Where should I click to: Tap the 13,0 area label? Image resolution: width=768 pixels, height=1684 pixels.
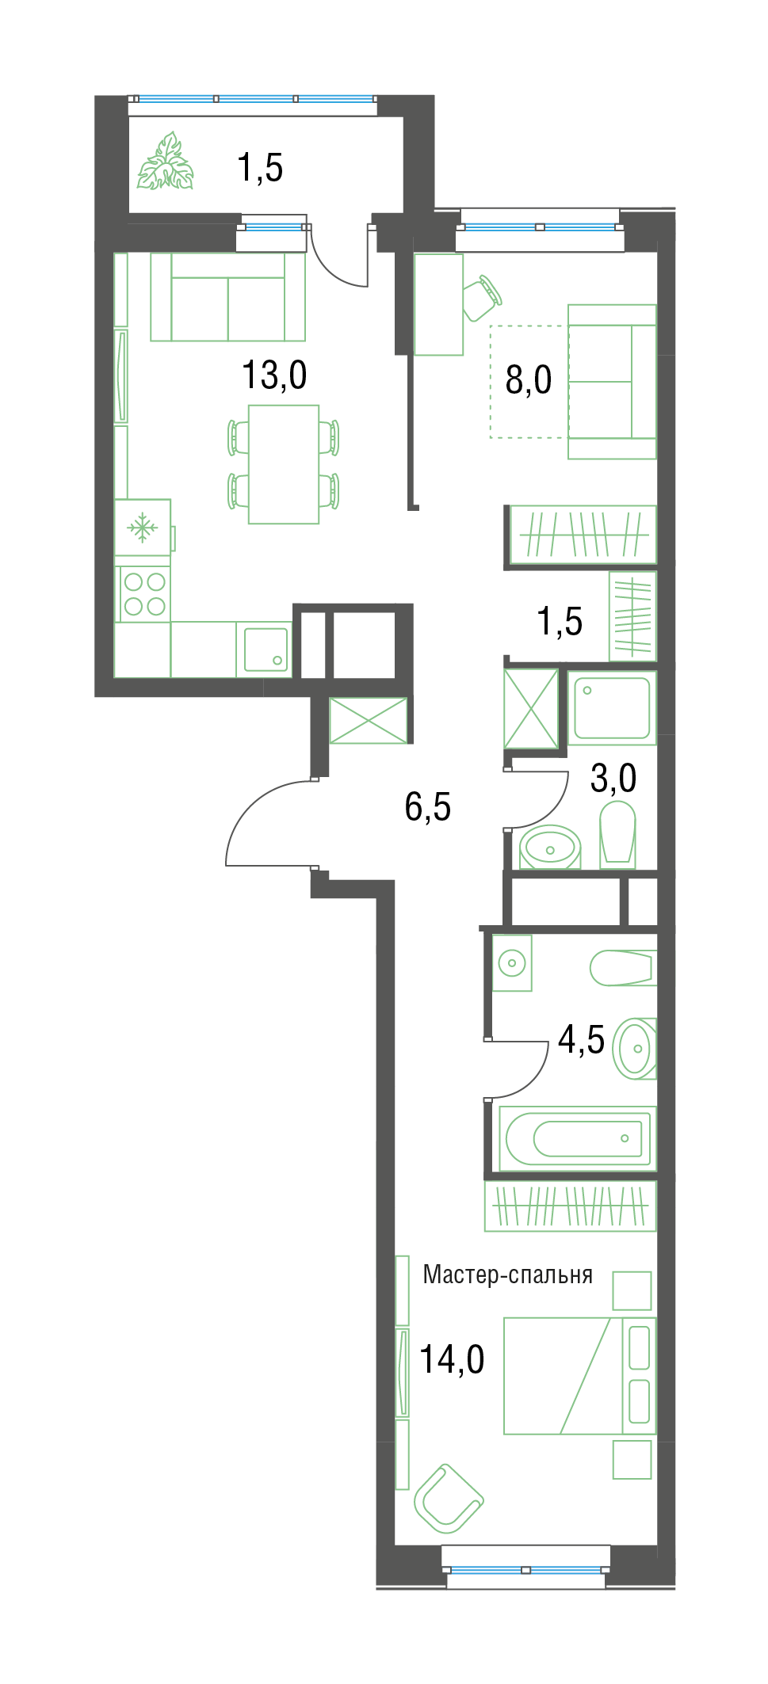274,375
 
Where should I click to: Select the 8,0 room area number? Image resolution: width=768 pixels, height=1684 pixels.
529,380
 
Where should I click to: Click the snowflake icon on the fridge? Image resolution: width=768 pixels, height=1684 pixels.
143,527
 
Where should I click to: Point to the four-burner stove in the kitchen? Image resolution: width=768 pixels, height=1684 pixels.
143,594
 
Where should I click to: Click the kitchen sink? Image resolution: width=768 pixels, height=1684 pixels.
266,650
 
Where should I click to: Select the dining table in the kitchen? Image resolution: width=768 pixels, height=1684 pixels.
284,464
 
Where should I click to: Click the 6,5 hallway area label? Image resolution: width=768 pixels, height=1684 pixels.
428,807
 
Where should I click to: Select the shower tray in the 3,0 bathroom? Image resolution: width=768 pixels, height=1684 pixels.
612,707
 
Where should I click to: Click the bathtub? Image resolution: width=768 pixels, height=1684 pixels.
578,1138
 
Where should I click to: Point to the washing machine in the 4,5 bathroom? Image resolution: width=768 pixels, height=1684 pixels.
512,963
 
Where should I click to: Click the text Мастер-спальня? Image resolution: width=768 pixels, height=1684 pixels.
508,1274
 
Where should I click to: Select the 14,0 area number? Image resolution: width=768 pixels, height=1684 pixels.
452,1360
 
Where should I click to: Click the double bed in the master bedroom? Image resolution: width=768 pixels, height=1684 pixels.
580,1376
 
